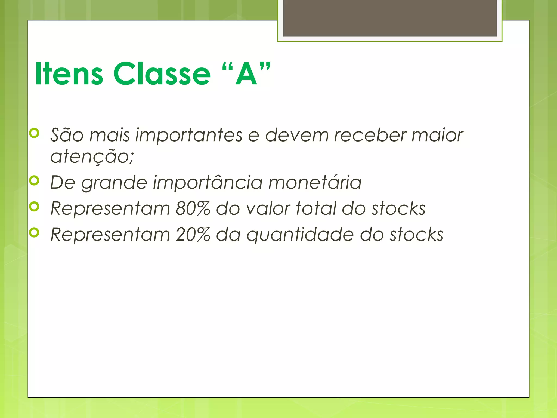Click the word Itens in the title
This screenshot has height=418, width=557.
coord(69,73)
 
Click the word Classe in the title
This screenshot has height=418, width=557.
coord(162,73)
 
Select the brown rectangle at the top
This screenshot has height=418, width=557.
coord(390,18)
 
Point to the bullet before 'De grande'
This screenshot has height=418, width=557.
coord(34,180)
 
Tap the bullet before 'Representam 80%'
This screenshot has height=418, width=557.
coord(34,206)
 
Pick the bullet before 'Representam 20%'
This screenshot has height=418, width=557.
coord(34,232)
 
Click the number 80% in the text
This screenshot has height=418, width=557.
coord(193,208)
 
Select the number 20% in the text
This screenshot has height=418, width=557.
coord(193,235)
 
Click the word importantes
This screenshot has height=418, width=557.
coord(189,135)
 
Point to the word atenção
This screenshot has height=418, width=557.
coord(92,157)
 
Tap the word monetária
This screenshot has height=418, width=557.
coord(315,182)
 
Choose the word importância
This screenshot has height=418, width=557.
coord(208,182)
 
